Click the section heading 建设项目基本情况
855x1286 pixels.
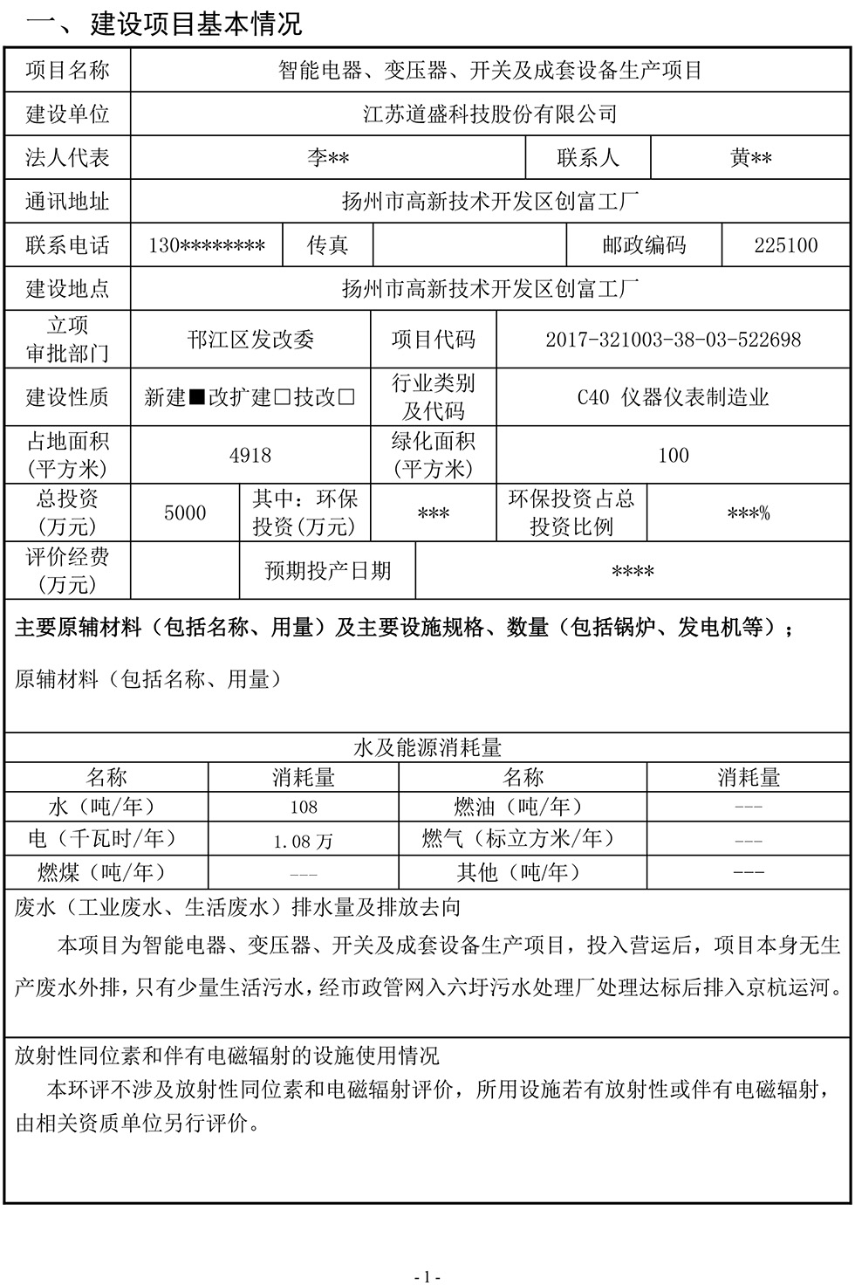[x=195, y=23]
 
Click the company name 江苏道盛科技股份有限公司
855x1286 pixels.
[x=489, y=114]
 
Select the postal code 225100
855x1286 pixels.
[x=786, y=245]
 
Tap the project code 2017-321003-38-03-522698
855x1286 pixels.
[x=673, y=340]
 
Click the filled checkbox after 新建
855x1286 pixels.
[x=197, y=398]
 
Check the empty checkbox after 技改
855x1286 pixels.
[x=346, y=398]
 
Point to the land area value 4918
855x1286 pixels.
[x=250, y=456]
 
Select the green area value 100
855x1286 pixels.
[x=673, y=456]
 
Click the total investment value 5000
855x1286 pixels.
[x=185, y=513]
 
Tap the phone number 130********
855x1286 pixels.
[x=207, y=245]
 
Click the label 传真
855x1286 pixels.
[x=327, y=245]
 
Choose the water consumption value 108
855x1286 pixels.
[x=304, y=808]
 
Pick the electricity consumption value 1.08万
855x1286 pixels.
[x=304, y=841]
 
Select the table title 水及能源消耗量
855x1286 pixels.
[x=427, y=748]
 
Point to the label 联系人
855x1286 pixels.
[x=588, y=158]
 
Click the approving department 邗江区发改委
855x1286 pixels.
[x=250, y=340]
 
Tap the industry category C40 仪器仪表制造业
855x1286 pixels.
[x=673, y=398]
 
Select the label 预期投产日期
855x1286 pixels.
[x=328, y=571]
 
